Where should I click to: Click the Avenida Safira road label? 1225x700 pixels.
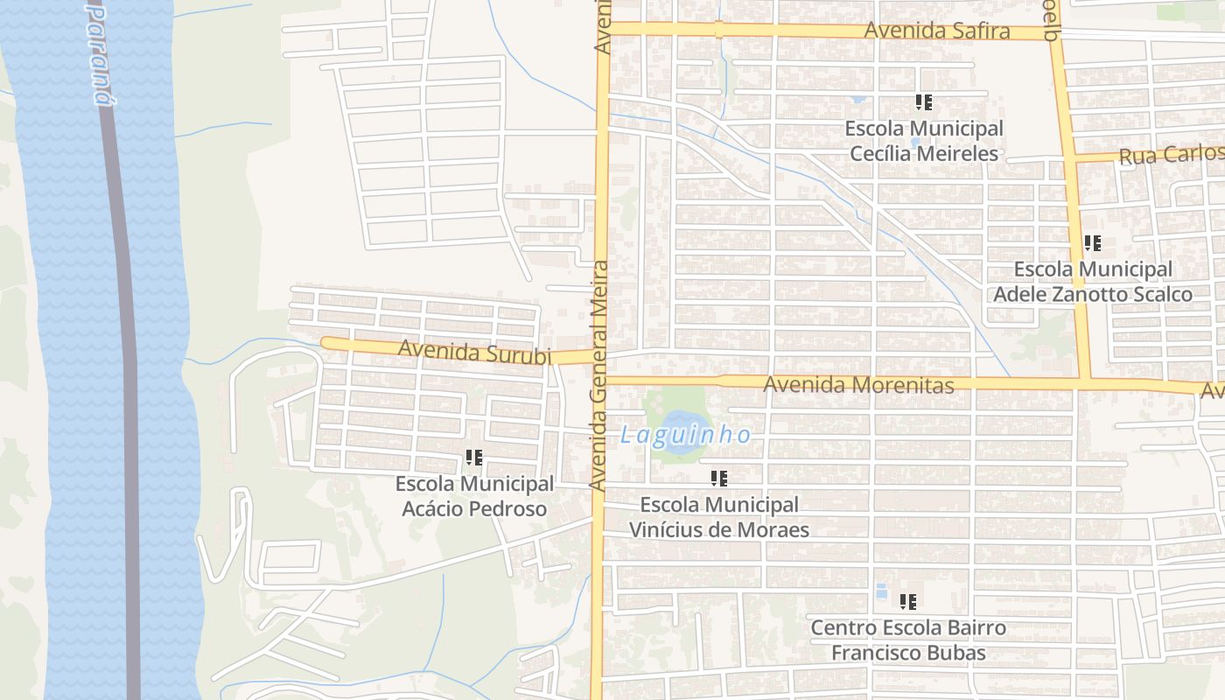pos(936,31)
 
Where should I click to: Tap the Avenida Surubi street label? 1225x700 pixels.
pos(474,352)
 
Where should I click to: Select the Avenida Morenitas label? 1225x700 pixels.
pos(857,384)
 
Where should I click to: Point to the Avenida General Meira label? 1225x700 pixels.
pos(598,374)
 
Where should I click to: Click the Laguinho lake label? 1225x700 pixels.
pos(685,434)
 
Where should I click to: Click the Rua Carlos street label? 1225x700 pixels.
pos(1171,155)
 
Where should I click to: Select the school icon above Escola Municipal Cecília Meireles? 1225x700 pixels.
pos(923,102)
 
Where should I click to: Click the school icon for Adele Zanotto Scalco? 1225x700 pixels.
pos(1092,243)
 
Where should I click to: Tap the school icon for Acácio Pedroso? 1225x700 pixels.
pos(474,458)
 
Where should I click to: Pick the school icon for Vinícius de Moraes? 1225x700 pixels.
pos(718,479)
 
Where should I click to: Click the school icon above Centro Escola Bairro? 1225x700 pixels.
pos(908,602)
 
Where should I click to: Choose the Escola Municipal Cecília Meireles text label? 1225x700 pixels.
pos(923,141)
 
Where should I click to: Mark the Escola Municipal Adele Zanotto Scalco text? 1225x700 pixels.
pos(1092,282)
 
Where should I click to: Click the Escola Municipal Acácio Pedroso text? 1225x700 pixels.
pos(474,496)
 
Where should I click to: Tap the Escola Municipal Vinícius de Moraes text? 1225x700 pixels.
pos(718,517)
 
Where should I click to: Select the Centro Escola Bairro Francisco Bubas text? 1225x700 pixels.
pos(908,640)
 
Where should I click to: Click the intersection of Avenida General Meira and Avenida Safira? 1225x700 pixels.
pos(602,29)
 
